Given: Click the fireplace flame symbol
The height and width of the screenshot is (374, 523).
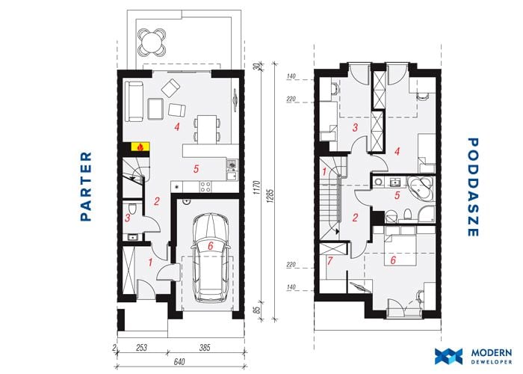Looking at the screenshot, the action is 140,147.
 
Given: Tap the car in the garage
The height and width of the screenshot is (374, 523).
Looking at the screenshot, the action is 210,258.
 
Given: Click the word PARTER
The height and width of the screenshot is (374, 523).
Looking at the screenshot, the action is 86,186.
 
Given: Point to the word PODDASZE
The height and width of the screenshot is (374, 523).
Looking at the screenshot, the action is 472,187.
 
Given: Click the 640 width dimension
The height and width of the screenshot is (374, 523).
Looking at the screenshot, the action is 179,361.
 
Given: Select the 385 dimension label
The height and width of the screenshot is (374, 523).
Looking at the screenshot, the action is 204,348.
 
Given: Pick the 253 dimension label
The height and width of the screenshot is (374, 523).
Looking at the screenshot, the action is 141,348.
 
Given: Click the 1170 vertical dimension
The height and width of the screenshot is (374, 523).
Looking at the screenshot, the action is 256,188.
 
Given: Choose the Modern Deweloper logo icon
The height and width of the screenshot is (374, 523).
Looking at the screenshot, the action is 448,356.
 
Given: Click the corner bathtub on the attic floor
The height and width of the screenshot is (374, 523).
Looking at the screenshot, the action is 420,188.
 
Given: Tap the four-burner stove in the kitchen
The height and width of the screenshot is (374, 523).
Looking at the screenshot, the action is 205,186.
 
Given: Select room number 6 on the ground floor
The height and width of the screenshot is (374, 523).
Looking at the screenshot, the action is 210,246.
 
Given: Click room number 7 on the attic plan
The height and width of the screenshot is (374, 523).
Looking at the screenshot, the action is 330,260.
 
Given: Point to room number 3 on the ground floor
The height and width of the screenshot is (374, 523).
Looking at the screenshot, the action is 128,218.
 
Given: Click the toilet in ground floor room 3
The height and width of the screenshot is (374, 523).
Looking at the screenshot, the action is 132,209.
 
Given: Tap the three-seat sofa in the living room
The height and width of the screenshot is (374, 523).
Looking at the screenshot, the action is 134,102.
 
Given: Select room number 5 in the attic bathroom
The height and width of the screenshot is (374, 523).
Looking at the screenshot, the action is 397,195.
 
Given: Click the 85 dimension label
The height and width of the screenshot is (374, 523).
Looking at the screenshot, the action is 256,310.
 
